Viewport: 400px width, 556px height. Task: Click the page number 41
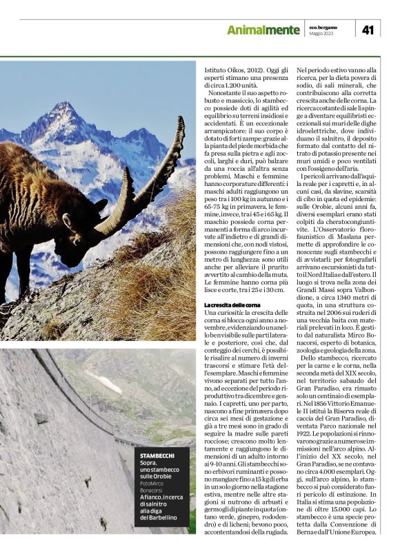[x=368, y=29]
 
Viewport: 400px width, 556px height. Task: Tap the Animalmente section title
[x=263, y=30]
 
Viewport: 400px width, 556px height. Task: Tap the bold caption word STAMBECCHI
[x=157, y=456]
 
